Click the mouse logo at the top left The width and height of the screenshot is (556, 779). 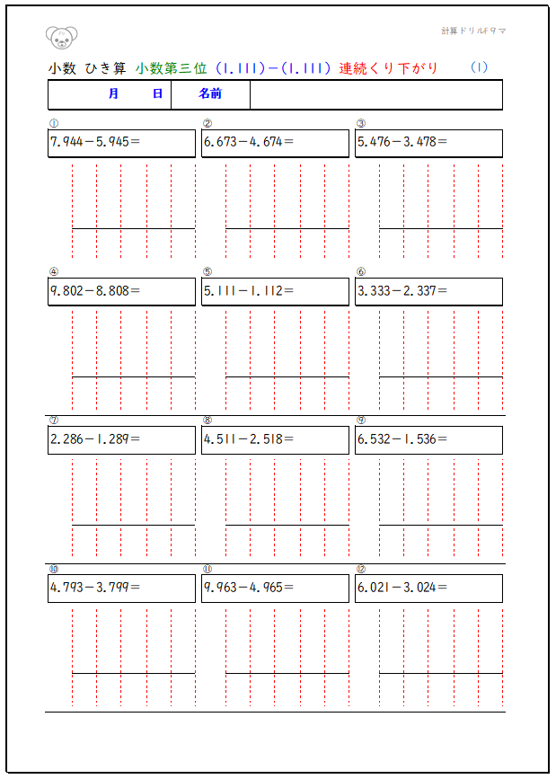point(61,37)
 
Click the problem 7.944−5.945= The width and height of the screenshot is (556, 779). point(94,142)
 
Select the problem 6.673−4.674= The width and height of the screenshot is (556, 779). point(248,142)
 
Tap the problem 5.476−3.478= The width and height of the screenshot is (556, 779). point(402,142)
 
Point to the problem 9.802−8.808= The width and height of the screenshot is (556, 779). point(94,290)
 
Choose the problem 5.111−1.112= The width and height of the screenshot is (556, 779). point(248,290)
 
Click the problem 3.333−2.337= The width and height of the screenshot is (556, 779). point(402,290)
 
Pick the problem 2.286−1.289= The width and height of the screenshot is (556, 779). point(94,439)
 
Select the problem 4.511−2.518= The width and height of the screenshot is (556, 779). point(248,439)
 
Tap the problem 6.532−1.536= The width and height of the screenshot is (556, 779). point(402,439)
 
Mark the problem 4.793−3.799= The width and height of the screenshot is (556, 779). point(94,588)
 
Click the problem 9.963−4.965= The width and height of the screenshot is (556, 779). point(248,588)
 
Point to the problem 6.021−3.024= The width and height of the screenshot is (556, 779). point(402,588)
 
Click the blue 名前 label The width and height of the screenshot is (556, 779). point(210,93)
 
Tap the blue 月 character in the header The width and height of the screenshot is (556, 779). point(113,93)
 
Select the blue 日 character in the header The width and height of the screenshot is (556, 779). point(157,93)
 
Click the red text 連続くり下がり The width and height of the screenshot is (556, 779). point(388,67)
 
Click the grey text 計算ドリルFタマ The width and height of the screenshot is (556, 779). point(473,31)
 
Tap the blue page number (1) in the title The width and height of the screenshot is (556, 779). point(479,66)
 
